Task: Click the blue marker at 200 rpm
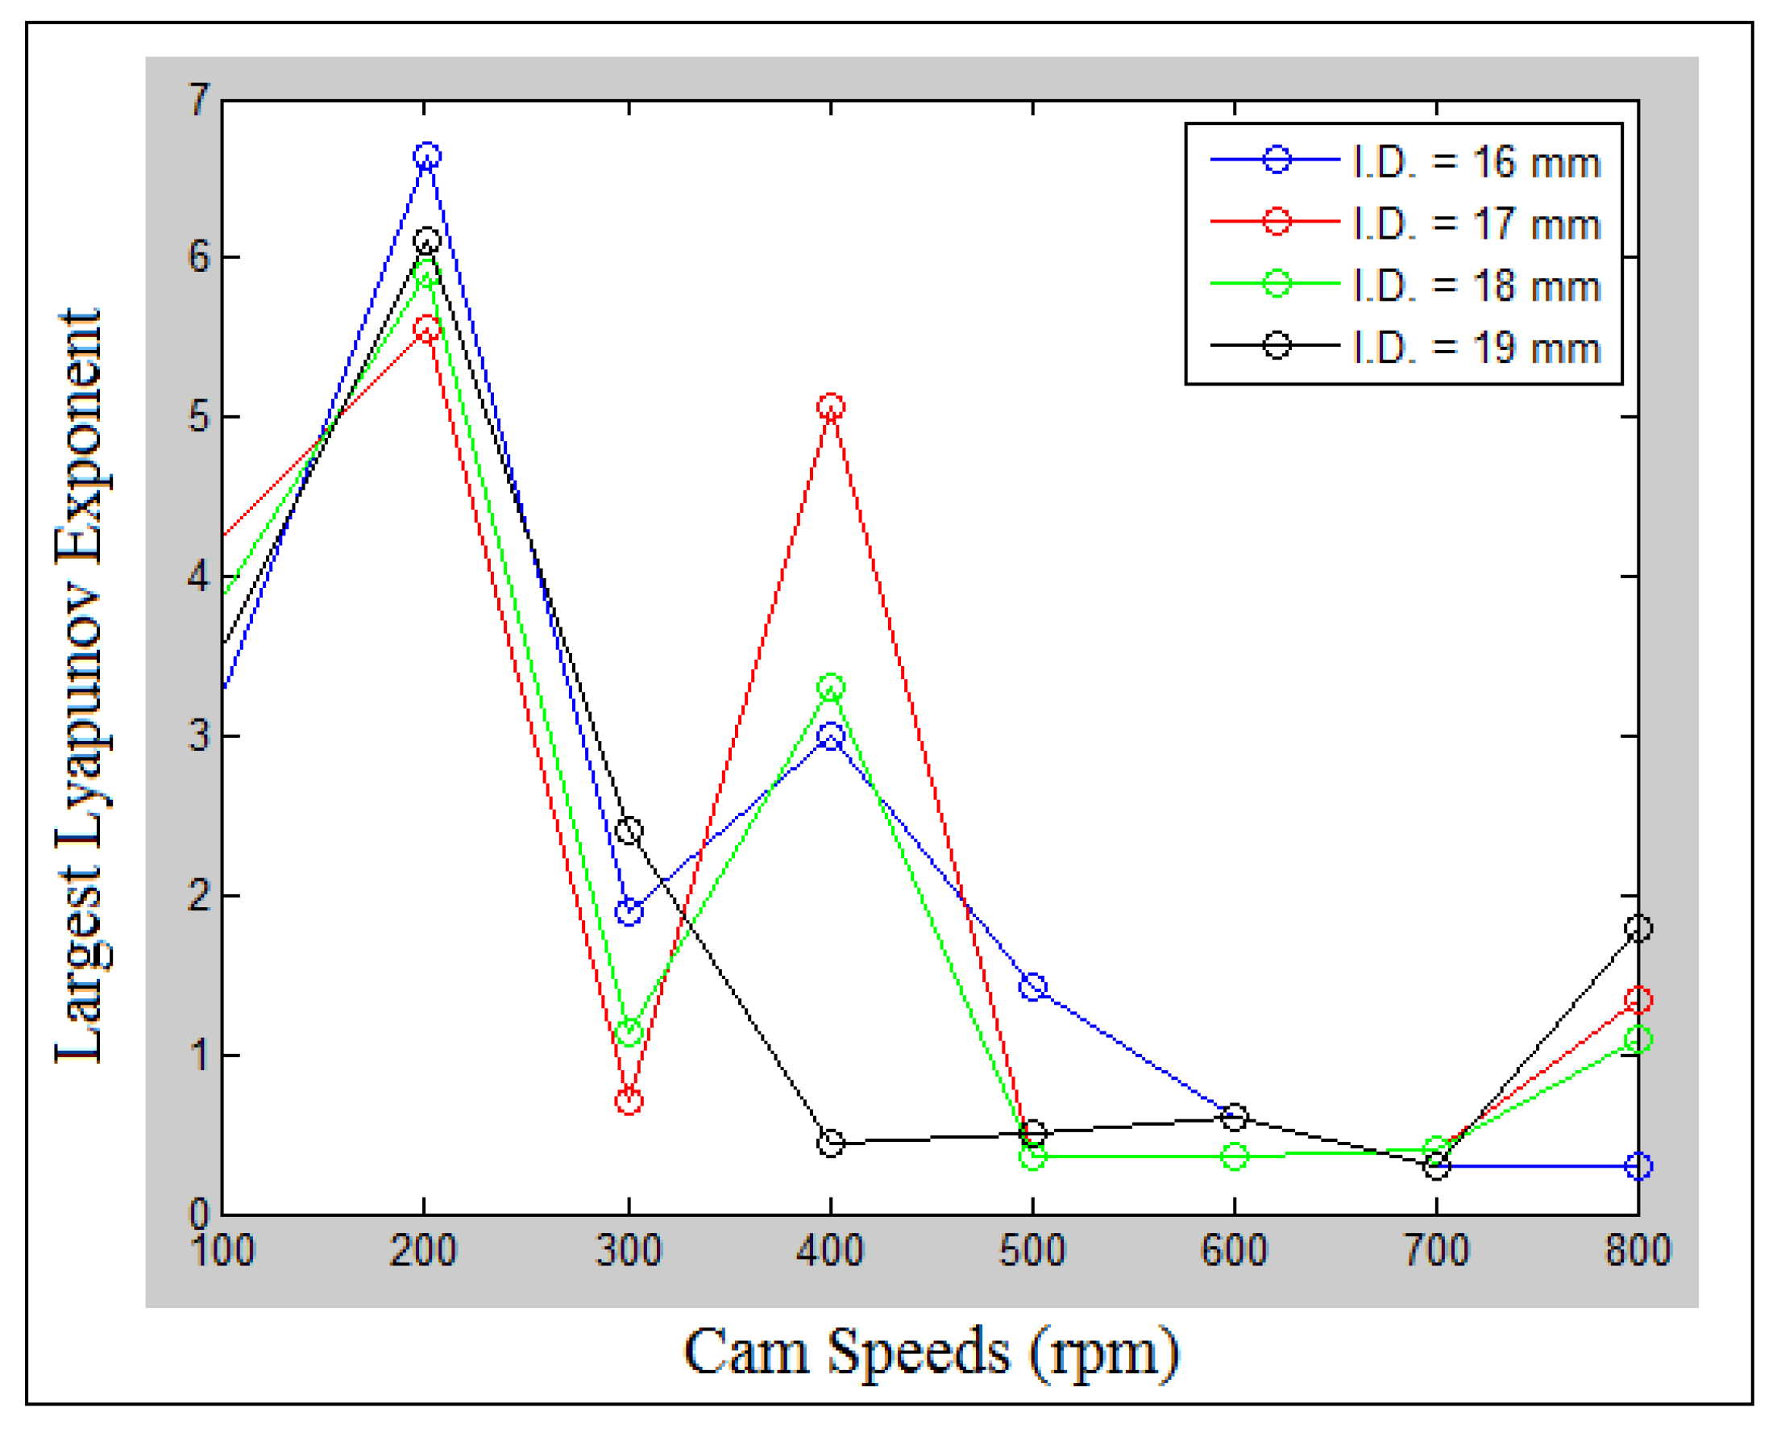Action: coord(426,156)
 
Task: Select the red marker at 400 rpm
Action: coord(831,406)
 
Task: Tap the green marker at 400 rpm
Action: coord(831,686)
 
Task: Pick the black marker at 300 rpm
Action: coord(629,830)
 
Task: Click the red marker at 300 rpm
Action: coord(629,1101)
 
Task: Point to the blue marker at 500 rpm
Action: coord(1033,986)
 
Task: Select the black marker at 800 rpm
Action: coord(1639,928)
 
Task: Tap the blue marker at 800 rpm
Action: coord(1639,1166)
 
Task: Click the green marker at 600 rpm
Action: coord(1234,1157)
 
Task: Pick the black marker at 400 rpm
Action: coord(831,1143)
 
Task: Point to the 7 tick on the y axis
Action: coord(199,101)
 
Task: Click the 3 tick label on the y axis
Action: coord(199,735)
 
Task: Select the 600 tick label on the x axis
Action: coord(1234,1249)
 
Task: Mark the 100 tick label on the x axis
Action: coord(223,1249)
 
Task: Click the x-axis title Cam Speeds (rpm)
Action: coord(931,1352)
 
